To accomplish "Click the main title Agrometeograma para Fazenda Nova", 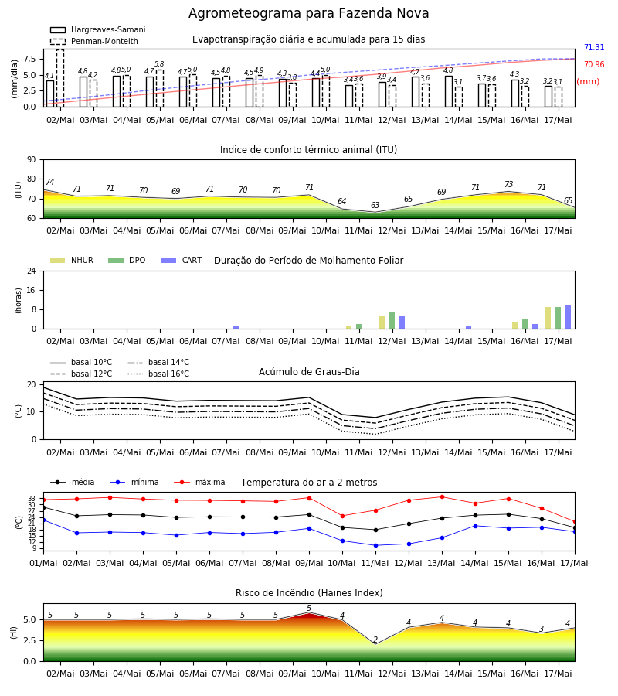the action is coord(308,13).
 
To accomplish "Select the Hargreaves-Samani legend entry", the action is coord(97,29).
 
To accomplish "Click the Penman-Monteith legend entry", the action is coord(94,41).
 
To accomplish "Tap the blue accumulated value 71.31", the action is coord(594,47).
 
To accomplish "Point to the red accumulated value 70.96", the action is coord(594,64).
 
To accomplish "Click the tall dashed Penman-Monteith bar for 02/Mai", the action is coord(59,78).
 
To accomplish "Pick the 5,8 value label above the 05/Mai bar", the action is coord(160,64).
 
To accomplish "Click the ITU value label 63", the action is coord(375,205).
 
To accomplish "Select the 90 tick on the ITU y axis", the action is coord(32,160).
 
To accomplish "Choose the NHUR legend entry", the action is coord(71,260).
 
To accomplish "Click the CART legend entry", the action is coord(181,260).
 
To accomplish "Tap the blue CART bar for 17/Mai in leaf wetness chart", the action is coord(568,317).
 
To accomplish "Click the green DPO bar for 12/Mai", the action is coord(392,320).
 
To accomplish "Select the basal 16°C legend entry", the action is coord(158,374).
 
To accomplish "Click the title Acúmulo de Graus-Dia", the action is coord(309,372).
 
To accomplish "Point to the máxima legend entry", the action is coord(199,482).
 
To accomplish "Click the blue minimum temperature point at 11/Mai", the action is coord(376,545).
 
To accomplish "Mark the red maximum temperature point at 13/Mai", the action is coord(442,496).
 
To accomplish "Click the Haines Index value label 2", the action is coord(375,640).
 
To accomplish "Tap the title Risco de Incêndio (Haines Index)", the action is coord(309,593).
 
